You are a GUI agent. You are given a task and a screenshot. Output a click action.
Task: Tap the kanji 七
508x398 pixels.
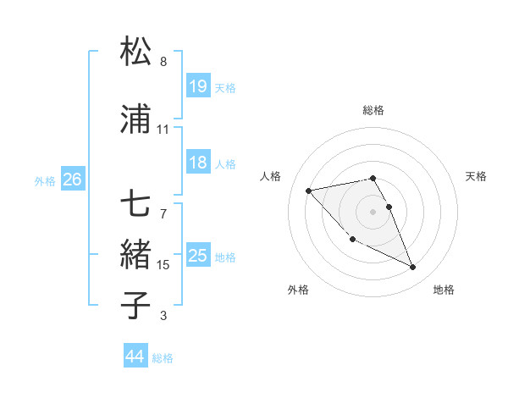(x=135, y=204)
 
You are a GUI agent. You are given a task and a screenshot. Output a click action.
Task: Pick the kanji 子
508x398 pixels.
(x=135, y=303)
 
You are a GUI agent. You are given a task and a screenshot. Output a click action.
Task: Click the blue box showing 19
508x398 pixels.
(x=197, y=86)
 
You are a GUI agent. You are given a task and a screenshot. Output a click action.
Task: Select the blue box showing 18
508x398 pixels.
(x=197, y=163)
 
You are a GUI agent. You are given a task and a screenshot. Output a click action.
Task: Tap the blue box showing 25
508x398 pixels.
(x=197, y=256)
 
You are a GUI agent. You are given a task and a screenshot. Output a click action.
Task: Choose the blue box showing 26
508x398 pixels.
(x=72, y=180)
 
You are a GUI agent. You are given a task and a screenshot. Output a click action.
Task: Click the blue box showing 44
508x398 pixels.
(x=135, y=357)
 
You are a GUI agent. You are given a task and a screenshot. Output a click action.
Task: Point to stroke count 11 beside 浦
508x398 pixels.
(x=163, y=130)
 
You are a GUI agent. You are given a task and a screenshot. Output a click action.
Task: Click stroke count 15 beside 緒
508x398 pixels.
(x=163, y=265)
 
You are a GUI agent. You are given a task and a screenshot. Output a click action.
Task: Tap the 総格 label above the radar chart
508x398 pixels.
(x=373, y=110)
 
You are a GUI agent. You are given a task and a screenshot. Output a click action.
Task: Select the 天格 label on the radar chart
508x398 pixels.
(x=477, y=176)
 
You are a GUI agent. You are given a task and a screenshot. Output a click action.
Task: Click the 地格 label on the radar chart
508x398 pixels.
(x=444, y=290)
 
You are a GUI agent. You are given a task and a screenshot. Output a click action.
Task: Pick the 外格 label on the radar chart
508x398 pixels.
(x=298, y=290)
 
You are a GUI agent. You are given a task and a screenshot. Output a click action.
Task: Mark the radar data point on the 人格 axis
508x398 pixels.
(x=309, y=190)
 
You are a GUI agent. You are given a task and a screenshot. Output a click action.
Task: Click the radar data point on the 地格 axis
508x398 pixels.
(x=413, y=268)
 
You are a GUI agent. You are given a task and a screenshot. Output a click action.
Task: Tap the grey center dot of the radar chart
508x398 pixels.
(x=373, y=211)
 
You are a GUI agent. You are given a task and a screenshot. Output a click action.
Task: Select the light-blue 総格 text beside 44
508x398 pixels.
(x=163, y=358)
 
